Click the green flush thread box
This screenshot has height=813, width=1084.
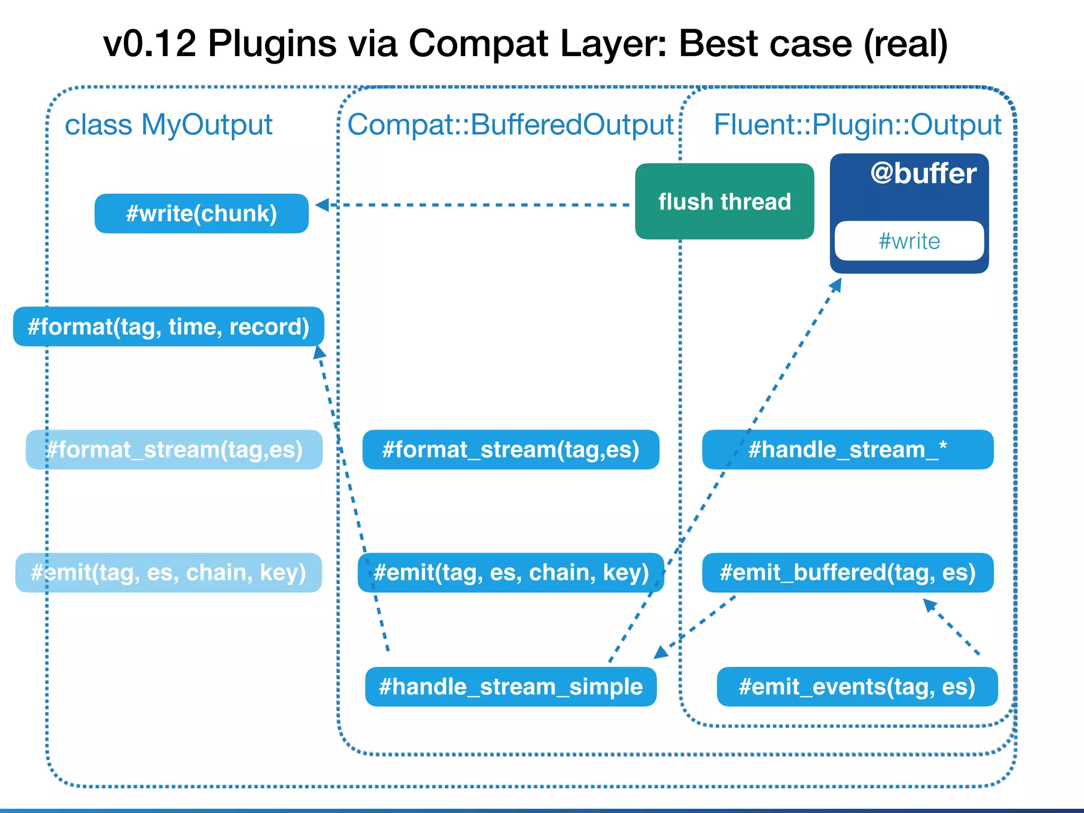(724, 202)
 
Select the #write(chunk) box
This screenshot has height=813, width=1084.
(202, 214)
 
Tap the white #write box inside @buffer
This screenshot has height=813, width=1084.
(909, 241)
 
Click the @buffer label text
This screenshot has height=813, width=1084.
(923, 174)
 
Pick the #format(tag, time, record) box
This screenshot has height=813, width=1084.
(168, 327)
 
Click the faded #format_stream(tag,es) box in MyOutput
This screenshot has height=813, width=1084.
(174, 450)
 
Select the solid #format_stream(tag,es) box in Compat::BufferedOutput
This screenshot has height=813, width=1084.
(511, 450)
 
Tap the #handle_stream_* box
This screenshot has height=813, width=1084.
(847, 450)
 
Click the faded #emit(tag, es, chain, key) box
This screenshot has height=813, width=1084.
(168, 573)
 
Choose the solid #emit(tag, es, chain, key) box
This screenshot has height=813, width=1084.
(511, 573)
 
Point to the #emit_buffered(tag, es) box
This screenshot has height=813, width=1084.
(847, 573)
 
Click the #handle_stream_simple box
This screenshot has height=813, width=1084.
(511, 687)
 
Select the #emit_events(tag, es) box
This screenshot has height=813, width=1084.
(857, 687)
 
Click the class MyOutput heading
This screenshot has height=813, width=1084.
(168, 125)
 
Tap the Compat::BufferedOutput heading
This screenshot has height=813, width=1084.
(510, 125)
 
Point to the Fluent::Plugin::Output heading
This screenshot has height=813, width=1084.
(857, 125)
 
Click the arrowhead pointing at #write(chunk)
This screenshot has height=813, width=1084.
(322, 205)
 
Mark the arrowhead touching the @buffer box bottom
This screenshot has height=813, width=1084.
(836, 285)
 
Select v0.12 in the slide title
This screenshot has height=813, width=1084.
(149, 43)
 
